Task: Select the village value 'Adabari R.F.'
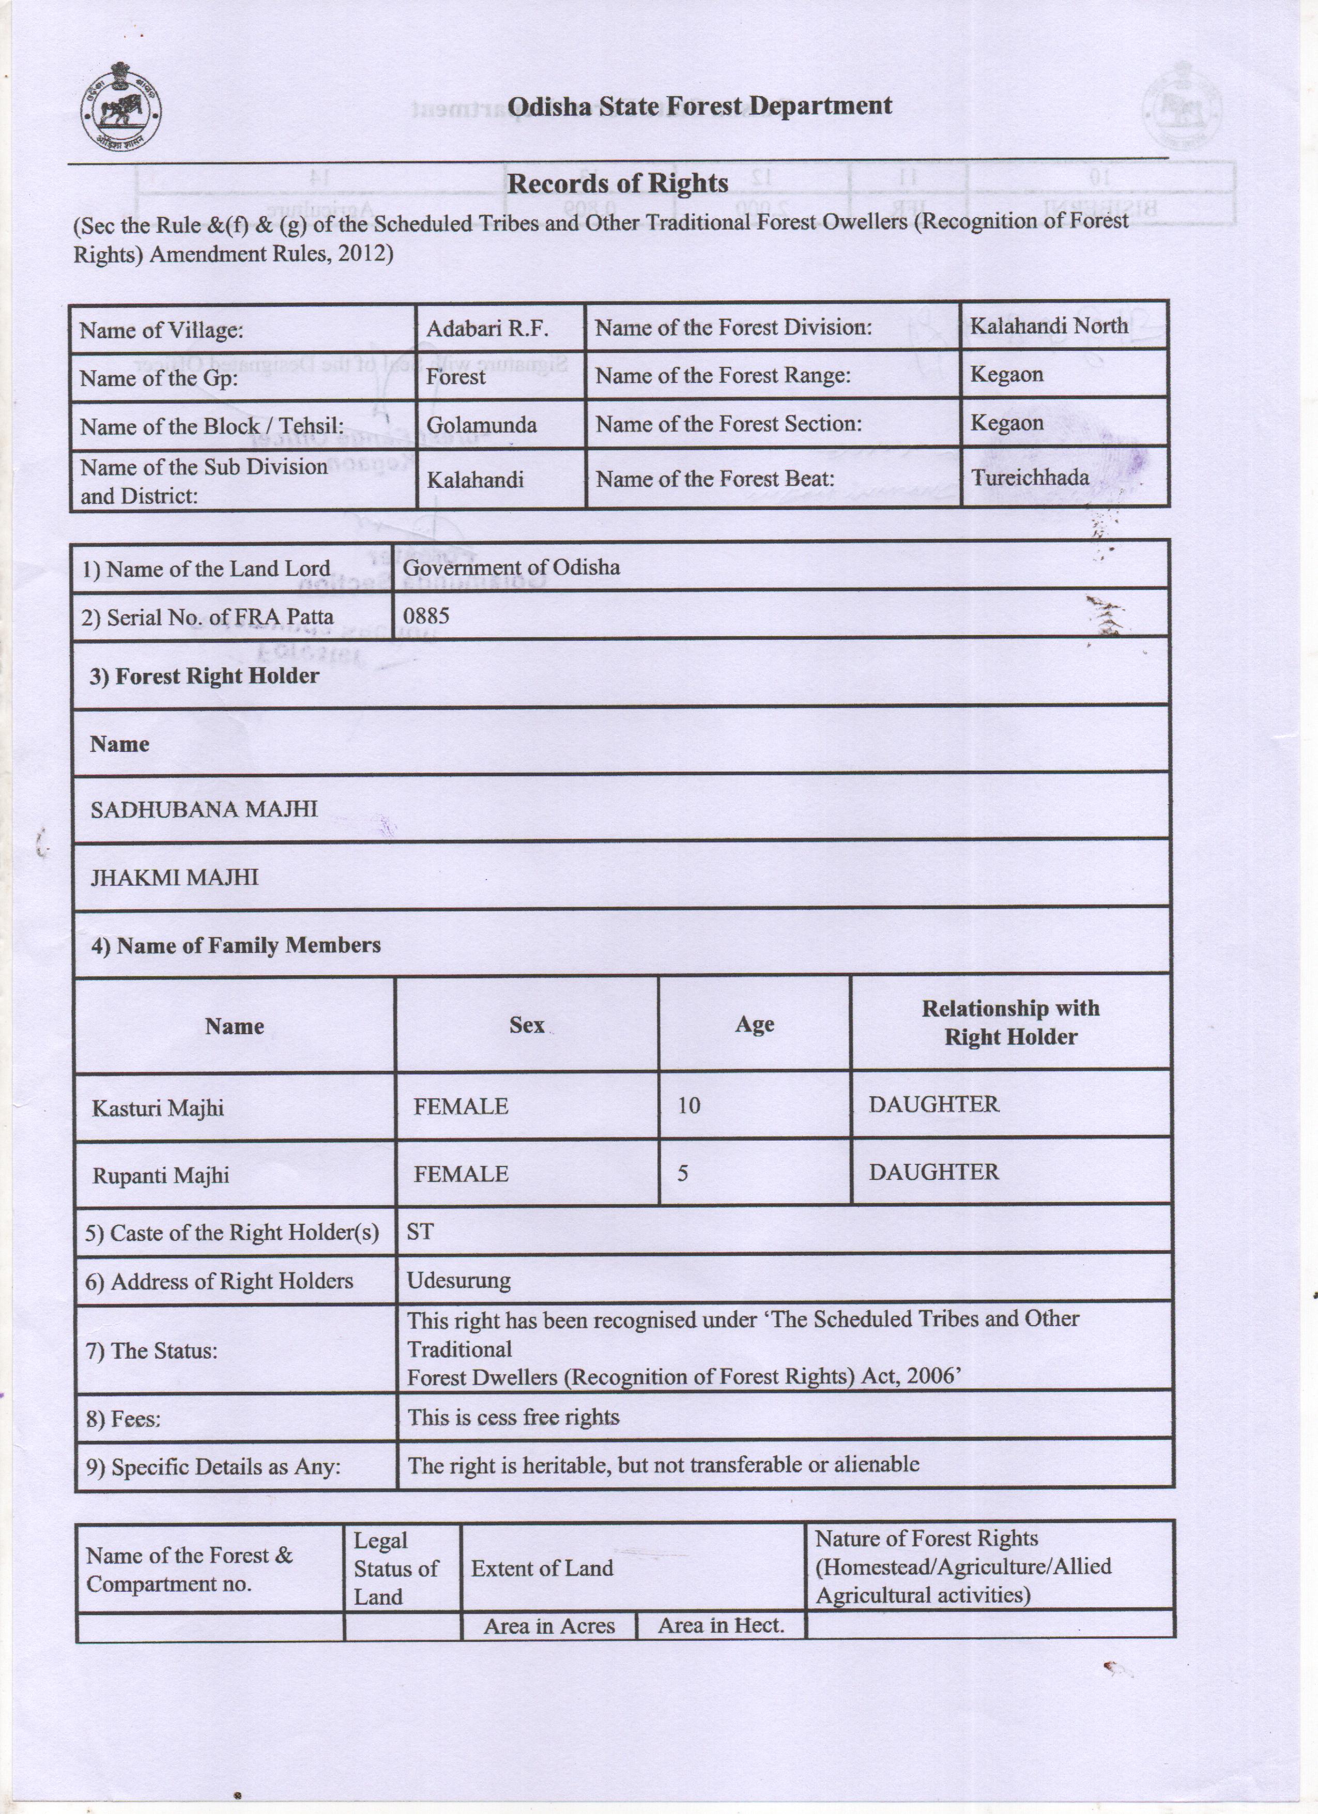[x=487, y=329]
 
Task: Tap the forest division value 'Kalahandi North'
[x=1049, y=326]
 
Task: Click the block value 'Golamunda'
[x=481, y=425]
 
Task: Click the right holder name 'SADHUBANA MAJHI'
[x=204, y=809]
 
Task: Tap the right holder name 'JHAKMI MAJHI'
[x=174, y=878]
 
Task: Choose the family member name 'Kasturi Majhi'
[x=158, y=1109]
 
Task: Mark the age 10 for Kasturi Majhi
[x=688, y=1105]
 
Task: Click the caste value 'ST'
[x=420, y=1232]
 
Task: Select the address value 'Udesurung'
[x=458, y=1281]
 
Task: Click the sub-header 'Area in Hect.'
[x=721, y=1625]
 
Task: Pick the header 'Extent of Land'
[x=542, y=1569]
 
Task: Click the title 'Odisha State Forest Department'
[x=700, y=106]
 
